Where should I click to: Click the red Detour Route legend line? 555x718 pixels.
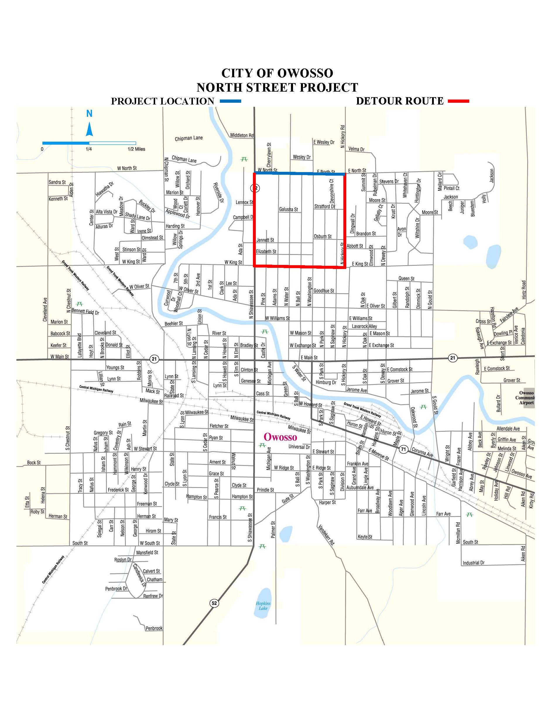(x=458, y=101)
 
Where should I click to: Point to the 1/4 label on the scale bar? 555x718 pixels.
(x=89, y=149)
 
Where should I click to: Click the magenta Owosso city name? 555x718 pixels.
(x=280, y=437)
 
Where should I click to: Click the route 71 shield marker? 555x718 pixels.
(x=404, y=449)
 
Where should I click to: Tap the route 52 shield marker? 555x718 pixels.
(x=214, y=603)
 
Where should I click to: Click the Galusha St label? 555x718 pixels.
(x=288, y=209)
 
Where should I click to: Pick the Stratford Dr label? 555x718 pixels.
(x=325, y=206)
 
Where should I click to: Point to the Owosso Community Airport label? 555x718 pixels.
(x=526, y=398)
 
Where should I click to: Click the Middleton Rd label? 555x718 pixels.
(x=242, y=136)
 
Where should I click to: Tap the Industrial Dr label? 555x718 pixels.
(x=473, y=563)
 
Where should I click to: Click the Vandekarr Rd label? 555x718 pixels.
(x=326, y=536)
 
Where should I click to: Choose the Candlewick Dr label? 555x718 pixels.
(x=139, y=575)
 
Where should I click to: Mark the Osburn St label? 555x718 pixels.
(x=323, y=237)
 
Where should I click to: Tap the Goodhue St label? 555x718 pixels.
(x=323, y=291)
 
